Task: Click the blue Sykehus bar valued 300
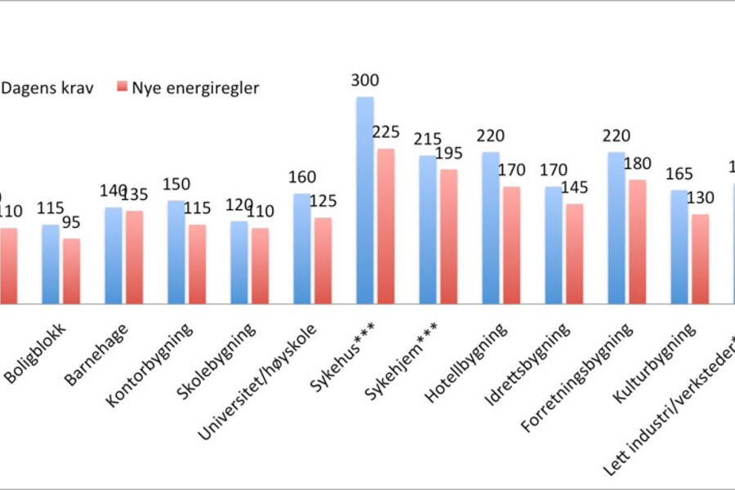click(364, 200)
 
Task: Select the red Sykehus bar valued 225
click(385, 226)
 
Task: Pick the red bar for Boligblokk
click(72, 271)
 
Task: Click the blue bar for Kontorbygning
click(176, 252)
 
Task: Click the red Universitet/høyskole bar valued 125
click(323, 261)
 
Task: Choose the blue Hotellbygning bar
click(490, 228)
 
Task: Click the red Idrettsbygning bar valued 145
click(574, 254)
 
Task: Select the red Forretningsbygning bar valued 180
click(637, 242)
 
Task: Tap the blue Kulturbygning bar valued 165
click(679, 247)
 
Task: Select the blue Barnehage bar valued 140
click(113, 256)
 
